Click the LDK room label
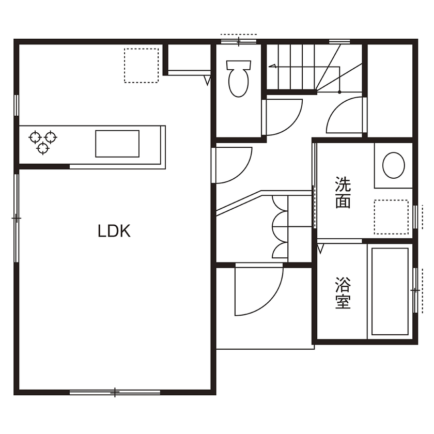[x=114, y=231]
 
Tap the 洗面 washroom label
[x=343, y=193]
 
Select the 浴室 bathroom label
[x=343, y=293]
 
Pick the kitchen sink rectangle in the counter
[x=117, y=144]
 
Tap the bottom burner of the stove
[x=42, y=149]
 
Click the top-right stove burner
[x=50, y=137]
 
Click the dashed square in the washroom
[x=391, y=217]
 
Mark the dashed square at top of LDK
[x=141, y=66]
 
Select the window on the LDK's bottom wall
[x=115, y=393]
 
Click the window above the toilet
[x=238, y=40]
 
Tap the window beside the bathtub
[x=415, y=290]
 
